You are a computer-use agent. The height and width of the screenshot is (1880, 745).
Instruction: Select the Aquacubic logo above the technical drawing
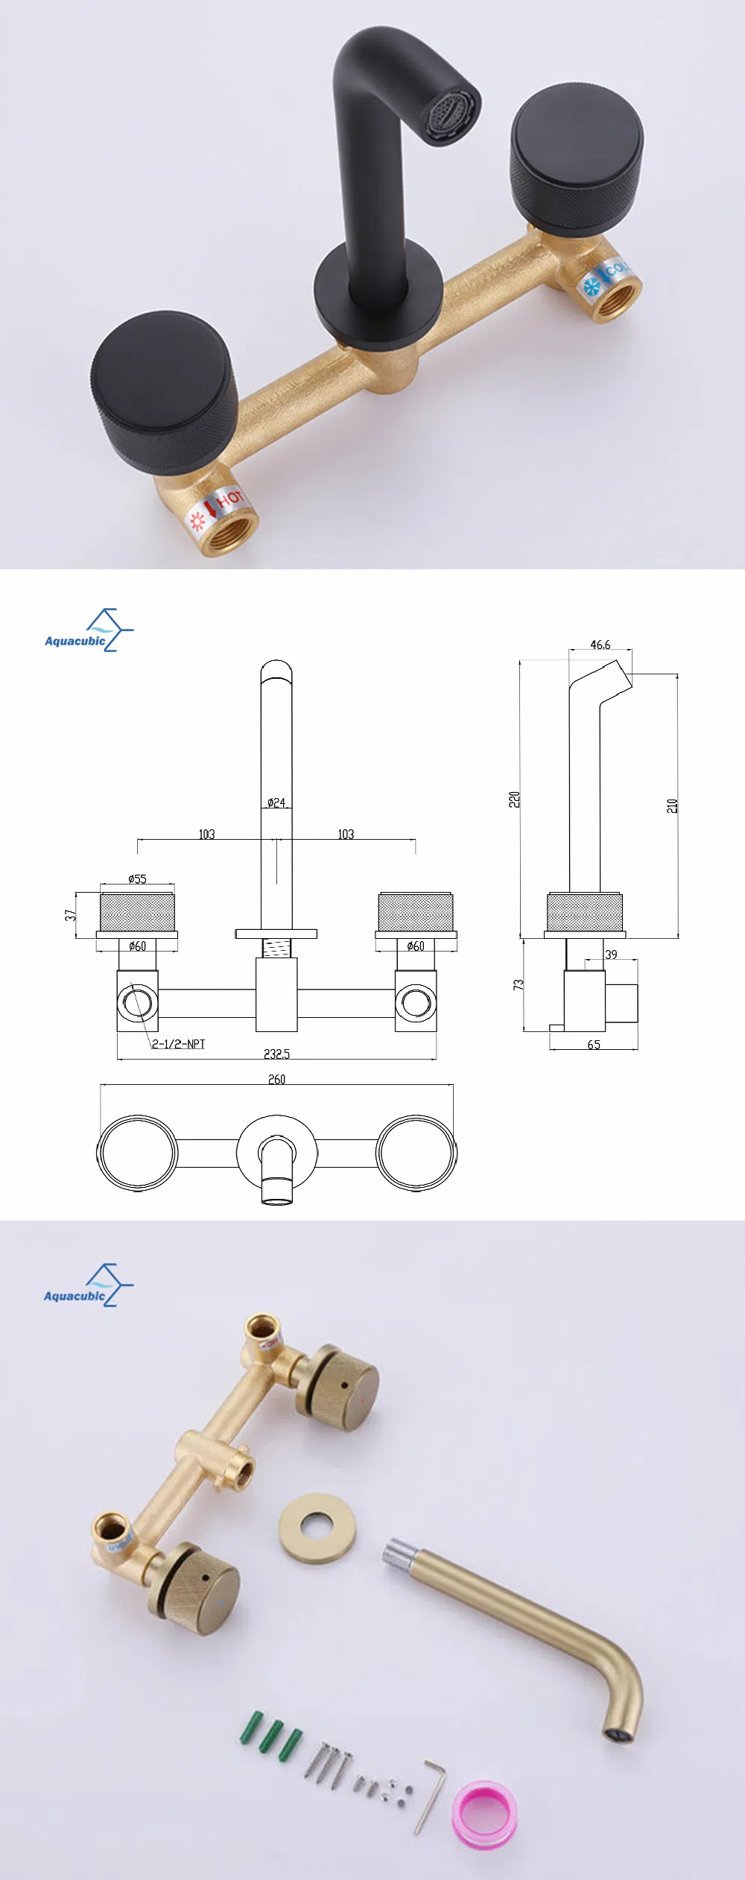pyautogui.click(x=89, y=631)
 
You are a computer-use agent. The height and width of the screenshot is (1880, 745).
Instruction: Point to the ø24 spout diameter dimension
pyautogui.click(x=276, y=803)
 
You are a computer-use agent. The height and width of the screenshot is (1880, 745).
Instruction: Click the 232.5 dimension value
pyautogui.click(x=276, y=1054)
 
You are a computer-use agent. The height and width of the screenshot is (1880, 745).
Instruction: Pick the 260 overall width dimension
pyautogui.click(x=276, y=1079)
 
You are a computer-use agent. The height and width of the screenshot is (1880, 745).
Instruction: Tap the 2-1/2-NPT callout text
pyautogui.click(x=179, y=1044)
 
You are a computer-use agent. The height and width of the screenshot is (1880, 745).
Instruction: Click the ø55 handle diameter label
pyautogui.click(x=137, y=879)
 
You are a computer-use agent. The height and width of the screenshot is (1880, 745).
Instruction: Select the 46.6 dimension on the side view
pyautogui.click(x=600, y=645)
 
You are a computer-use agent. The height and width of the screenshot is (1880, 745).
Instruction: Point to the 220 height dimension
pyautogui.click(x=514, y=799)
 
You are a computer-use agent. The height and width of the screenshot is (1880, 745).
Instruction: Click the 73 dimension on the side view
pyautogui.click(x=519, y=984)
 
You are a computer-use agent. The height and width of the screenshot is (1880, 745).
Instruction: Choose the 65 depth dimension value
pyautogui.click(x=594, y=1045)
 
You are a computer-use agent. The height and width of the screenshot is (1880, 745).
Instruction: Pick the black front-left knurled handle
pyautogui.click(x=165, y=392)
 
